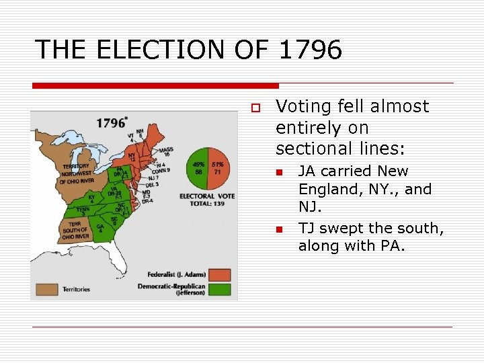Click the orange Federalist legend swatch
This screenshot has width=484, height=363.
click(x=219, y=275)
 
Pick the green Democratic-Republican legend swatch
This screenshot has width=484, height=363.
click(x=219, y=290)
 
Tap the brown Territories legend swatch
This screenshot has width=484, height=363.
click(x=47, y=290)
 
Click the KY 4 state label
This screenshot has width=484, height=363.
click(x=92, y=200)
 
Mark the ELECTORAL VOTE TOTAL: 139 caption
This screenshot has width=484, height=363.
click(x=208, y=200)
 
